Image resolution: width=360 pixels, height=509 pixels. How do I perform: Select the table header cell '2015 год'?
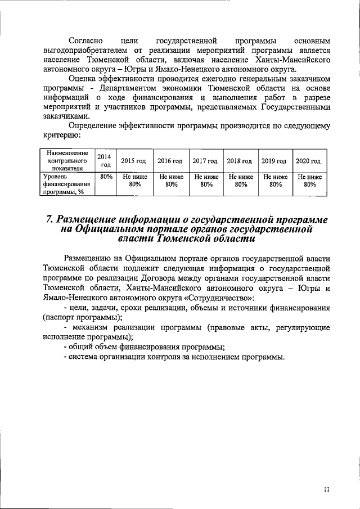click(134, 161)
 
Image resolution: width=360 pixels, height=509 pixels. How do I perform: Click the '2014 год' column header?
click(103, 160)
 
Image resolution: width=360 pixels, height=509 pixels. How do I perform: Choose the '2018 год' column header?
click(240, 161)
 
